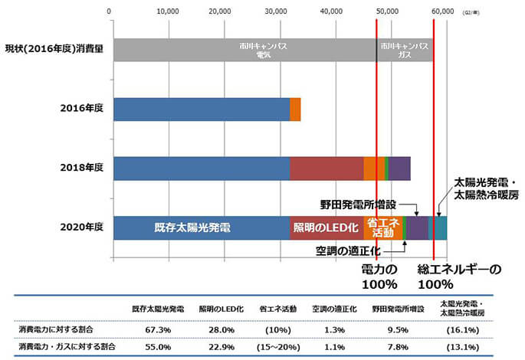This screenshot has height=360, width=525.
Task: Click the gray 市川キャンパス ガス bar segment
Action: (x=404, y=49)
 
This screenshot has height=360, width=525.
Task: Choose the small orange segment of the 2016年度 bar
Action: (x=295, y=109)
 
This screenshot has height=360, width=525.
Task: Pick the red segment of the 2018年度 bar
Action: (x=326, y=168)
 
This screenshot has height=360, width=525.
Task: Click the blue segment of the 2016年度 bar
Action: (x=201, y=109)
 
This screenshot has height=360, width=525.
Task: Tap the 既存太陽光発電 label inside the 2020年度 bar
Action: (x=192, y=227)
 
